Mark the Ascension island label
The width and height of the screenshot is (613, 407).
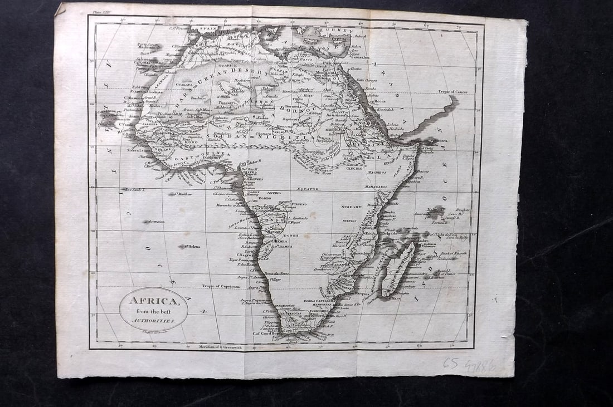[154, 222]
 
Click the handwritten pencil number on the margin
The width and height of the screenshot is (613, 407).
[469, 365]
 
